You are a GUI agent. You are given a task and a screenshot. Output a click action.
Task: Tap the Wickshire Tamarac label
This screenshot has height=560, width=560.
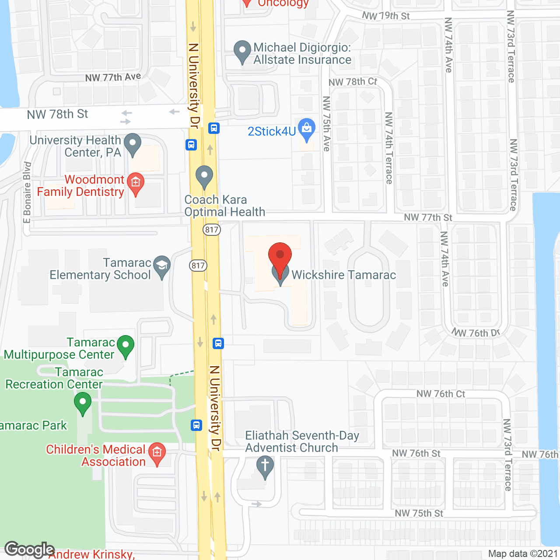(343, 275)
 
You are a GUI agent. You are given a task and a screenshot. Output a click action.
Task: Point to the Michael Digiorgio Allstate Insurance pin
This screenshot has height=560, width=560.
(242, 52)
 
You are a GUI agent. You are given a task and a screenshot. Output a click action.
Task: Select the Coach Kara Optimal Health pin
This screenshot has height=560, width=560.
(204, 176)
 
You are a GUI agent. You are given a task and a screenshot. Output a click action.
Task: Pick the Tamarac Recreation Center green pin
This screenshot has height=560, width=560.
(82, 402)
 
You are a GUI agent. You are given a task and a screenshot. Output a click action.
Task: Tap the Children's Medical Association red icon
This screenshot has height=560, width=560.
(157, 453)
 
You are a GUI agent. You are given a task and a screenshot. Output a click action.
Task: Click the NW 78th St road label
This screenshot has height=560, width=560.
(57, 115)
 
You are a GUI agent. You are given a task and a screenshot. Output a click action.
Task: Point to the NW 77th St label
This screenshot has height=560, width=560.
(428, 217)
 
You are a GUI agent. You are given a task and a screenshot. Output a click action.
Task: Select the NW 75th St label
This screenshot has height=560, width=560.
(419, 513)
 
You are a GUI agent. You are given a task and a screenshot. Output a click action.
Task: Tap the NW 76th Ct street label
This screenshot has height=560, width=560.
(441, 394)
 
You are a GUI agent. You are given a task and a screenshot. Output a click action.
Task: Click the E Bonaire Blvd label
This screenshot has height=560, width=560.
(27, 192)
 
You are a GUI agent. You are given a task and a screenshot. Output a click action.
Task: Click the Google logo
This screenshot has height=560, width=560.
(29, 549)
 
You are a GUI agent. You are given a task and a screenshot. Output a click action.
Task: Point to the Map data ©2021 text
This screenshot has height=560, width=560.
(523, 554)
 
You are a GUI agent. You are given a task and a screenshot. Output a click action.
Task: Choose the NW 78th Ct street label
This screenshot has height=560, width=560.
(353, 82)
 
